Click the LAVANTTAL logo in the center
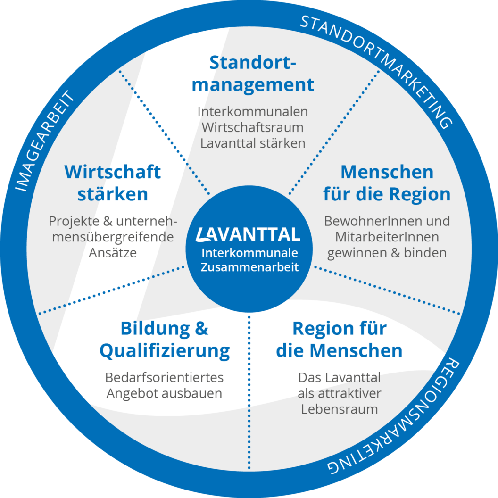point(249,233)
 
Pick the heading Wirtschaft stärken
point(113,183)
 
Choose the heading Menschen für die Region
point(387,183)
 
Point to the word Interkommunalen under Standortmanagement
point(253,112)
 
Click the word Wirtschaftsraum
point(253,127)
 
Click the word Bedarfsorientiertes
point(165,378)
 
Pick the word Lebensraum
point(339,409)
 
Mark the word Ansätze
point(113,252)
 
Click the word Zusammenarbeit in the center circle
point(249,267)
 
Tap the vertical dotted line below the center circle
point(249,377)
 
